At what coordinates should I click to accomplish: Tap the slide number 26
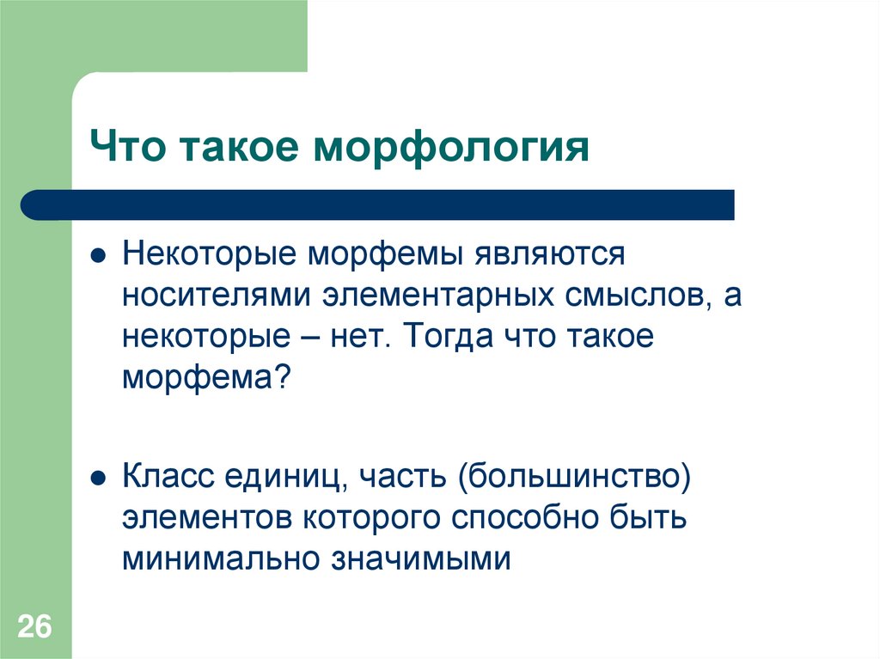point(34,625)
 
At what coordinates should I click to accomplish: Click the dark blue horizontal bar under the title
point(378,204)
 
